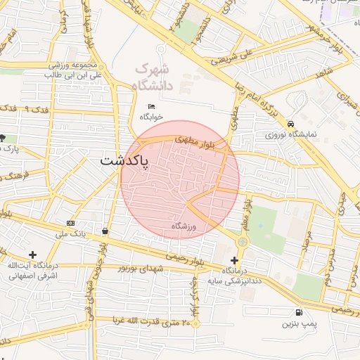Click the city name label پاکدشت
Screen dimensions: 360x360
point(124,161)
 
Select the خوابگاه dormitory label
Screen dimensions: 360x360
point(151,116)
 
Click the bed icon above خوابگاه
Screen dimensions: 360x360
point(151,106)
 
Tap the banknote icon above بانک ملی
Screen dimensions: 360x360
point(70,222)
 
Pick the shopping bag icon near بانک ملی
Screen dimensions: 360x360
point(105,231)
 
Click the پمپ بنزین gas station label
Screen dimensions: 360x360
point(296,323)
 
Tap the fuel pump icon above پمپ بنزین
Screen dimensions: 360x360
point(300,313)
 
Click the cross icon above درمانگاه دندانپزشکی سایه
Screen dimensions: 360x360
point(234,260)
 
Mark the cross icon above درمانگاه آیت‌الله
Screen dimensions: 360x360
point(32,255)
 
